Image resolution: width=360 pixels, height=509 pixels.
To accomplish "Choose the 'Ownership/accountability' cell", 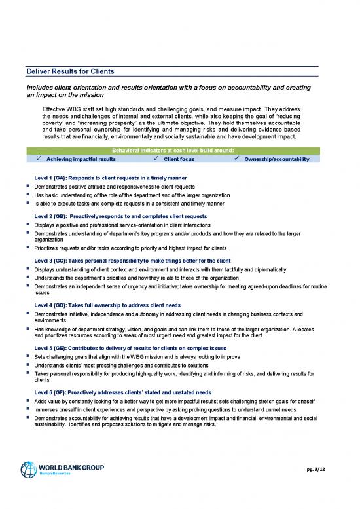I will point(276,159).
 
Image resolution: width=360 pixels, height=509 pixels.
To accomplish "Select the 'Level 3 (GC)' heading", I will point(133,261).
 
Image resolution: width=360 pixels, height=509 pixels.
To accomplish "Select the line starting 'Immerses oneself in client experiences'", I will point(171,409).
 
